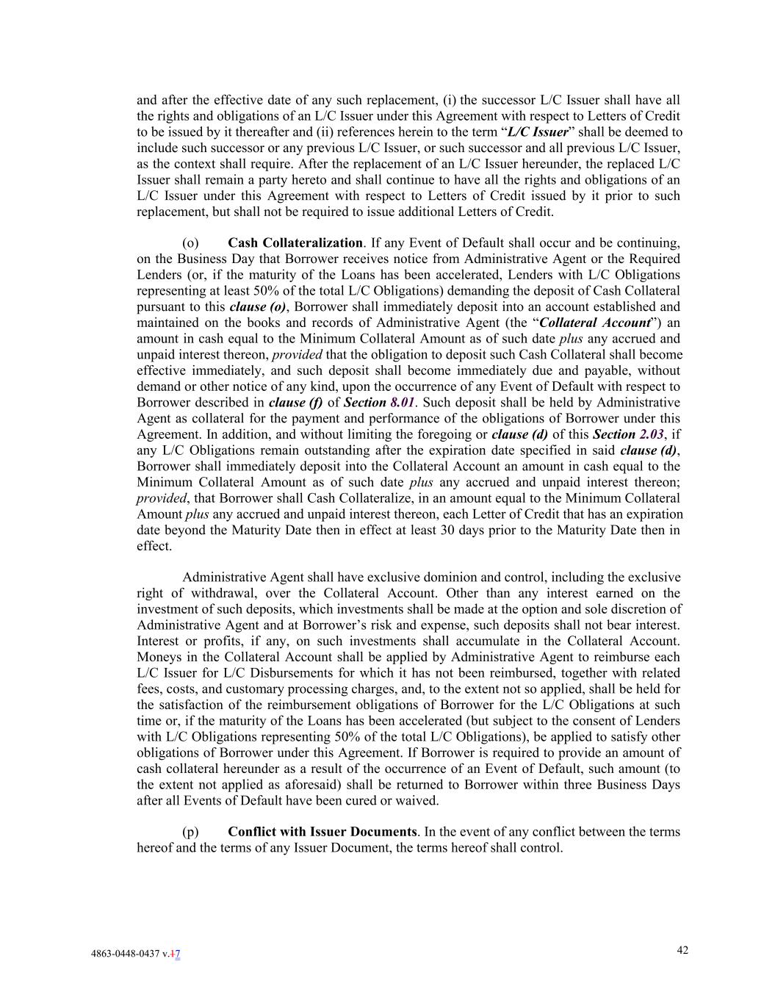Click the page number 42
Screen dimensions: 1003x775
tap(682, 950)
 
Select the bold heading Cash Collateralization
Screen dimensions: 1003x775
tap(295, 243)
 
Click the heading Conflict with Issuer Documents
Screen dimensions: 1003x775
tap(322, 832)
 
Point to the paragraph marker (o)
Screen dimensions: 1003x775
tap(190, 243)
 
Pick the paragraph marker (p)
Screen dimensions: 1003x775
tap(190, 832)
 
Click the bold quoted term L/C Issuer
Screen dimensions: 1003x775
tap(538, 132)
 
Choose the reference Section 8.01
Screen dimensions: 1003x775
tap(380, 403)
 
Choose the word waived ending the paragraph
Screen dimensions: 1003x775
tap(418, 801)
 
